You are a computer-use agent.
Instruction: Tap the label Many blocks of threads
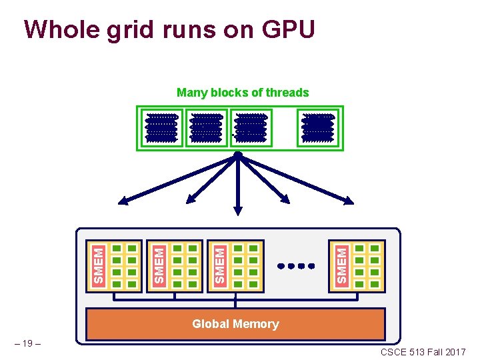click(243, 93)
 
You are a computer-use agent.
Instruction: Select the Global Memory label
click(235, 324)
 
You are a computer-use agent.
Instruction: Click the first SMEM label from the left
click(99, 265)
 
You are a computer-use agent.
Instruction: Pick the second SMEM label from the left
click(158, 265)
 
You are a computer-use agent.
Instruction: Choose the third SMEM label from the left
click(219, 265)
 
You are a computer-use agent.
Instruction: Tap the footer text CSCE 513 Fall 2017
click(423, 352)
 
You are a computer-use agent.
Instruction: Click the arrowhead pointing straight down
click(238, 209)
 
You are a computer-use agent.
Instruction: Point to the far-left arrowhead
click(124, 200)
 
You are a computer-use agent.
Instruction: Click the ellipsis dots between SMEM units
click(296, 266)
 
